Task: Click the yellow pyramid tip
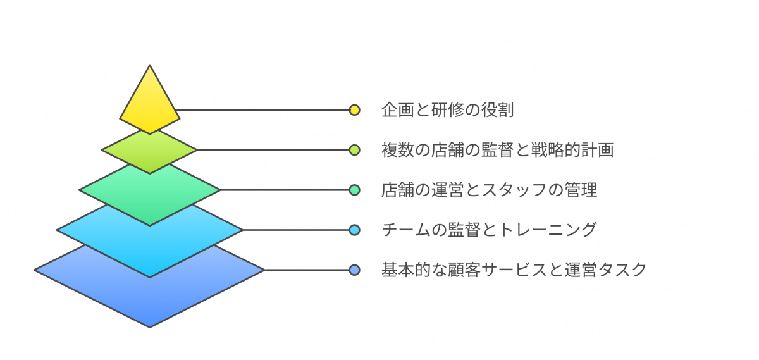150,102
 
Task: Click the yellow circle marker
354,110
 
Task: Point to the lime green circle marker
354,150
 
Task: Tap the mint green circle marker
354,190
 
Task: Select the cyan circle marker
354,230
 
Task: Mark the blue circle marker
354,270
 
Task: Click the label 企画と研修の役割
448,110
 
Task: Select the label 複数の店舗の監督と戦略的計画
497,150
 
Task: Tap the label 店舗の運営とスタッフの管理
490,190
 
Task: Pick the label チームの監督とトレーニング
489,230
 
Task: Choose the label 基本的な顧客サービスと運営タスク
514,270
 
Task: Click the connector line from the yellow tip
262,110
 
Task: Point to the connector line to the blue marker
307,270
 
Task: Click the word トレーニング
548,230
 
